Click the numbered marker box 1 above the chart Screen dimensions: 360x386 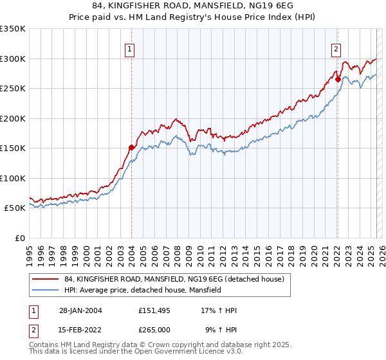[130, 48]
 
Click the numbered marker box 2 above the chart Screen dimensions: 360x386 [336, 48]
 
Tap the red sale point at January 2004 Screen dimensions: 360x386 [132, 147]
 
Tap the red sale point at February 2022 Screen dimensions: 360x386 [338, 80]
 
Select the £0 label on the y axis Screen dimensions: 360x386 [19, 238]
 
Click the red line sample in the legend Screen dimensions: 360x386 [45, 279]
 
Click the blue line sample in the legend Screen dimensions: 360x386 [45, 291]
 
